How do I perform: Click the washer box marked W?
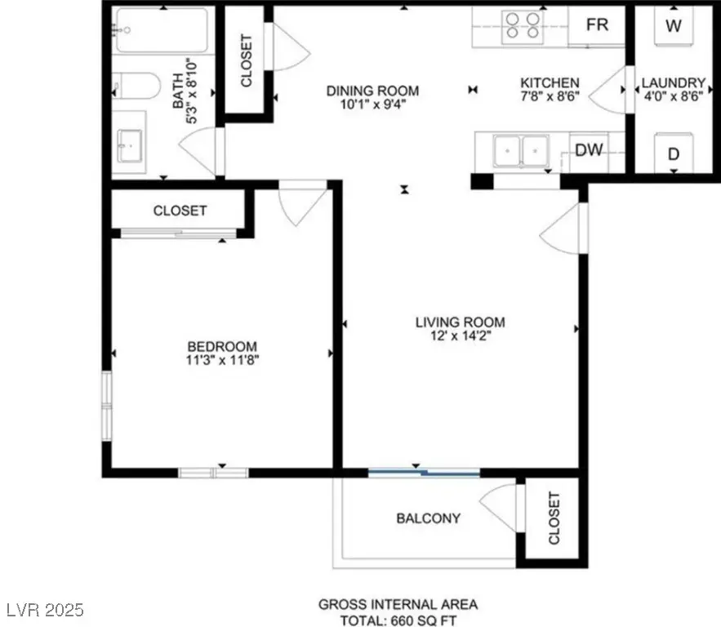673,25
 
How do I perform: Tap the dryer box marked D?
674,153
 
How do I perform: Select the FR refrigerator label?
597,24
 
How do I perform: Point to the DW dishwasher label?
589,149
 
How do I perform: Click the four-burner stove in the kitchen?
523,24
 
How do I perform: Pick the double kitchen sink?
521,151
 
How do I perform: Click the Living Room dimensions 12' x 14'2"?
461,334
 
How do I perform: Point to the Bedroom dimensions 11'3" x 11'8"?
222,358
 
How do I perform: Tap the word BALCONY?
428,518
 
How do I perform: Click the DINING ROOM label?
373,91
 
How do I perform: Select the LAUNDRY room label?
673,82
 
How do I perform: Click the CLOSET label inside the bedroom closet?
180,211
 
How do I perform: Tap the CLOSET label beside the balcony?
554,518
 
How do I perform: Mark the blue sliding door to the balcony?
423,471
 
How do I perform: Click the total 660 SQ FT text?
398,619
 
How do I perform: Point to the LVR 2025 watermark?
42,610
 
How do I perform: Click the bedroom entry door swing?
300,204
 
